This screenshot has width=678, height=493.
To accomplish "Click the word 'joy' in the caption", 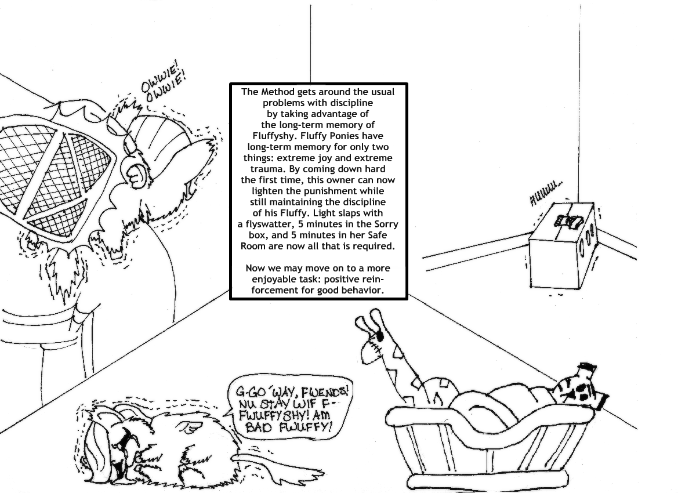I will click(343, 158).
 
